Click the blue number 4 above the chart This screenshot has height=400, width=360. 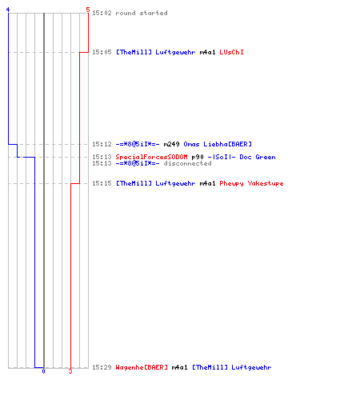click(x=8, y=10)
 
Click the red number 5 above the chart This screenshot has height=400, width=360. click(x=88, y=10)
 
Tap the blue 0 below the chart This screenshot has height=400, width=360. click(x=43, y=371)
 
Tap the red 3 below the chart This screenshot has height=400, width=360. click(x=70, y=371)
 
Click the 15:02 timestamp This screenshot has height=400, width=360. click(x=102, y=13)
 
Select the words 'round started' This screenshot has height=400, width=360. click(x=142, y=13)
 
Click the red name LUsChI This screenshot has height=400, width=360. click(x=231, y=52)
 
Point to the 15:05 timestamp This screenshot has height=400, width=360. click(x=102, y=52)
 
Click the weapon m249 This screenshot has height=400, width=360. click(x=171, y=144)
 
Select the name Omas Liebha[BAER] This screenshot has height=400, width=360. click(x=218, y=144)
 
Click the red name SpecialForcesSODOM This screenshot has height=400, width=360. click(x=151, y=157)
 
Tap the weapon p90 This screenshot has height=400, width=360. click(x=198, y=158)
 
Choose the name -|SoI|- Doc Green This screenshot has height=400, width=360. click(x=242, y=157)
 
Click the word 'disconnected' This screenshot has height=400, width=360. click(x=187, y=163)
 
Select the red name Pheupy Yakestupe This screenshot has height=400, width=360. click(x=251, y=183)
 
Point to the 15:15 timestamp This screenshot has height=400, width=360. click(x=102, y=183)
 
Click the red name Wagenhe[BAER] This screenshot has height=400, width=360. click(x=142, y=367)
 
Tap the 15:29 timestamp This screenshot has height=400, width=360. click(x=102, y=367)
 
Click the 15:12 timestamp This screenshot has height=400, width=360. click(x=102, y=144)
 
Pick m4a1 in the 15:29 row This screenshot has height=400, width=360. click(x=179, y=367)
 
